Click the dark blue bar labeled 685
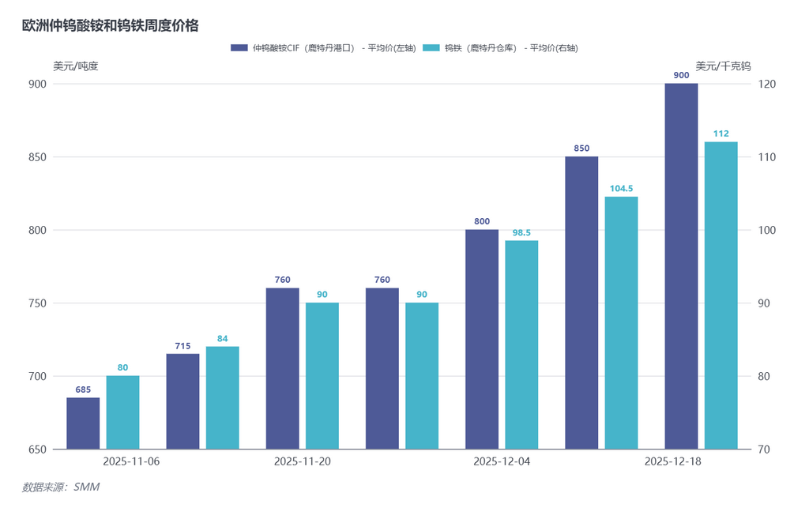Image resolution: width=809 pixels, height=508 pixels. (83, 423)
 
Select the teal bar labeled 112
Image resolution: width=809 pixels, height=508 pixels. (721, 295)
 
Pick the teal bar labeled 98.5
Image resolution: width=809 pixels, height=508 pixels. (521, 344)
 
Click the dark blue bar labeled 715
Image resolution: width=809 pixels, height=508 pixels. (182, 401)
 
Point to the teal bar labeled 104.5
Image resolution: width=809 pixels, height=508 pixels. (621, 322)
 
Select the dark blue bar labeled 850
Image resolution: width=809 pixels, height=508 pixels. (581, 303)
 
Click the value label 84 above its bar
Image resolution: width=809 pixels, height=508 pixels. (223, 339)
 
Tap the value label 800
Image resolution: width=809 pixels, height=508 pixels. (482, 222)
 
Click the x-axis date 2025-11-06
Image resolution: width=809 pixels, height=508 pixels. (131, 461)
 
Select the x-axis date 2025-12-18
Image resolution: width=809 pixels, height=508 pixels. (672, 461)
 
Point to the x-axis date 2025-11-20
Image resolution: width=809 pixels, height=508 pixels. (302, 461)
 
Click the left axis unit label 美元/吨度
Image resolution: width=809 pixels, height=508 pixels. (76, 66)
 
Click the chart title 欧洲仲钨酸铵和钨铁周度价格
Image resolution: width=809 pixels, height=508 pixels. (110, 26)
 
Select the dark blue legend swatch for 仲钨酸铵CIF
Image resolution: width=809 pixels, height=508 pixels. (239, 48)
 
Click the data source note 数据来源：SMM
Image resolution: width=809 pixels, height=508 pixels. (60, 487)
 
